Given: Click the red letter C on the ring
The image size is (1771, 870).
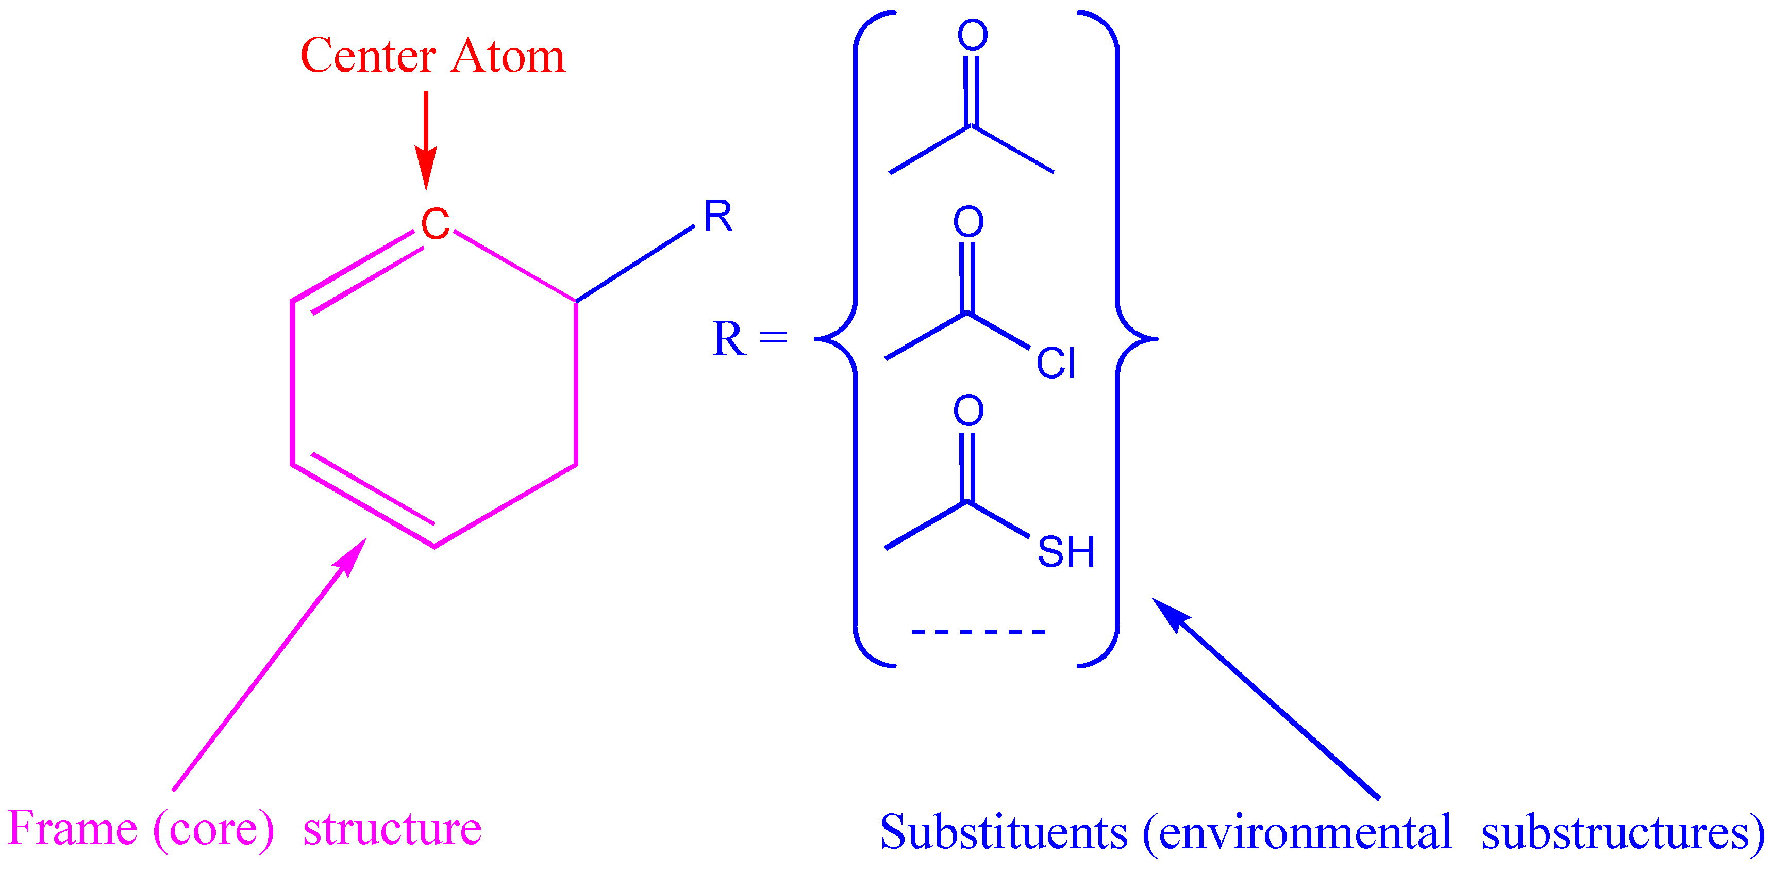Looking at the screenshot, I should pos(435,224).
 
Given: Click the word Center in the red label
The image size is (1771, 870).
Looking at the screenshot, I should pos(369,56).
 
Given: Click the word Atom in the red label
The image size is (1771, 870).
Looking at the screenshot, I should pos(508,56).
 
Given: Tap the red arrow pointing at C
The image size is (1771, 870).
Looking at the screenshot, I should pos(426,138).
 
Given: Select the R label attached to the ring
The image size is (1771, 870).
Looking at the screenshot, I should pos(718,217).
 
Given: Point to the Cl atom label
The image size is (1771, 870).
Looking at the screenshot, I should pos(1055,363).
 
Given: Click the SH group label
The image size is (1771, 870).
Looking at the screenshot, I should pos(1065,552).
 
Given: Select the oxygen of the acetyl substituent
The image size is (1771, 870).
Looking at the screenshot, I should pos(973,35).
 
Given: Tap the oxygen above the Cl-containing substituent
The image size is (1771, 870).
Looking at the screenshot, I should pos(968,221).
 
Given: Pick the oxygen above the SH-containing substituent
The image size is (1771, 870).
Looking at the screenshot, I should pos(968,411).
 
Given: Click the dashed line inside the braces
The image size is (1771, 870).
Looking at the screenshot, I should pos(978,631).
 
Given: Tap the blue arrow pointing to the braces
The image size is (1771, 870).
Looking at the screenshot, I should pos(1265,698).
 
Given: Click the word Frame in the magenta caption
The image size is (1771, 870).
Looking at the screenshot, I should pos(72,829).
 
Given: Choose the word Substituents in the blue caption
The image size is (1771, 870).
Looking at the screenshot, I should pos(1004,833).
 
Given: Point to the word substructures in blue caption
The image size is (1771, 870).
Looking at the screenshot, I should pos(1616,833).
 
